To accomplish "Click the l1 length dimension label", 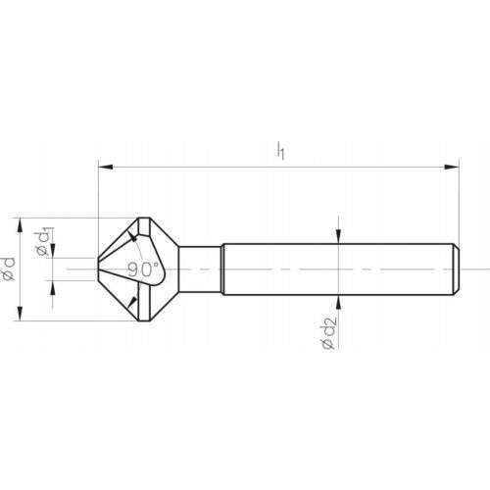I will (281, 151).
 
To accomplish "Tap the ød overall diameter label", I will (9, 269).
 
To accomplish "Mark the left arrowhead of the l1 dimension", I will (103, 168).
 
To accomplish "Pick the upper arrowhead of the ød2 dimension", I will (337, 236).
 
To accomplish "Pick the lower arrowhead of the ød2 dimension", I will (337, 299).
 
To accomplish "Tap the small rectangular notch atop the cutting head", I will (145, 226).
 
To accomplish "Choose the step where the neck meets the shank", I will (222, 268).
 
